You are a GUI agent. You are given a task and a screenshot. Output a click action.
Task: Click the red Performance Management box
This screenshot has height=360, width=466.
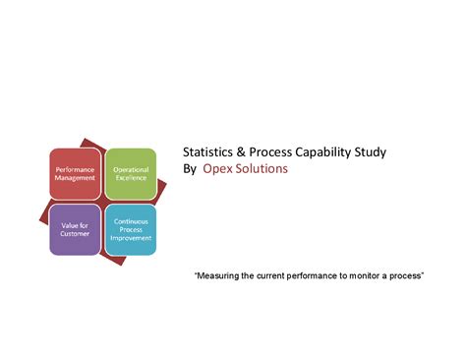coord(76,173)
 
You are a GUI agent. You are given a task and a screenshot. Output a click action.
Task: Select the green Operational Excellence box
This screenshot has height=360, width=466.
coord(131,173)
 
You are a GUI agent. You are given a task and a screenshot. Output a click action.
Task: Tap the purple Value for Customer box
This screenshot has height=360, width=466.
coord(76,229)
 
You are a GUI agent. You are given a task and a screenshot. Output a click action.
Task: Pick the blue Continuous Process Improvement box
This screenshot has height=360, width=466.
coord(131,229)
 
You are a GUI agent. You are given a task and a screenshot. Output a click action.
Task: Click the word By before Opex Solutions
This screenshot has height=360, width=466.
coord(191,169)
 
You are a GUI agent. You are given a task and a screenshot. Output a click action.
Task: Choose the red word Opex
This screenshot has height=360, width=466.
coord(218,170)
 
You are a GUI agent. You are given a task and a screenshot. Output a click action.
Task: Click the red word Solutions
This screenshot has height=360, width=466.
coord(262,169)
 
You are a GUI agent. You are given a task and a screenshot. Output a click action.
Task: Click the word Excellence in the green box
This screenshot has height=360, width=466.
coord(131,178)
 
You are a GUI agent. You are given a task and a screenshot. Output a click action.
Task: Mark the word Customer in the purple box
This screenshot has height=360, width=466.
coord(76,234)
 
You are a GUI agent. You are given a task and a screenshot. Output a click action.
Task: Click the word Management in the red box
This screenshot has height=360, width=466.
coord(76,178)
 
